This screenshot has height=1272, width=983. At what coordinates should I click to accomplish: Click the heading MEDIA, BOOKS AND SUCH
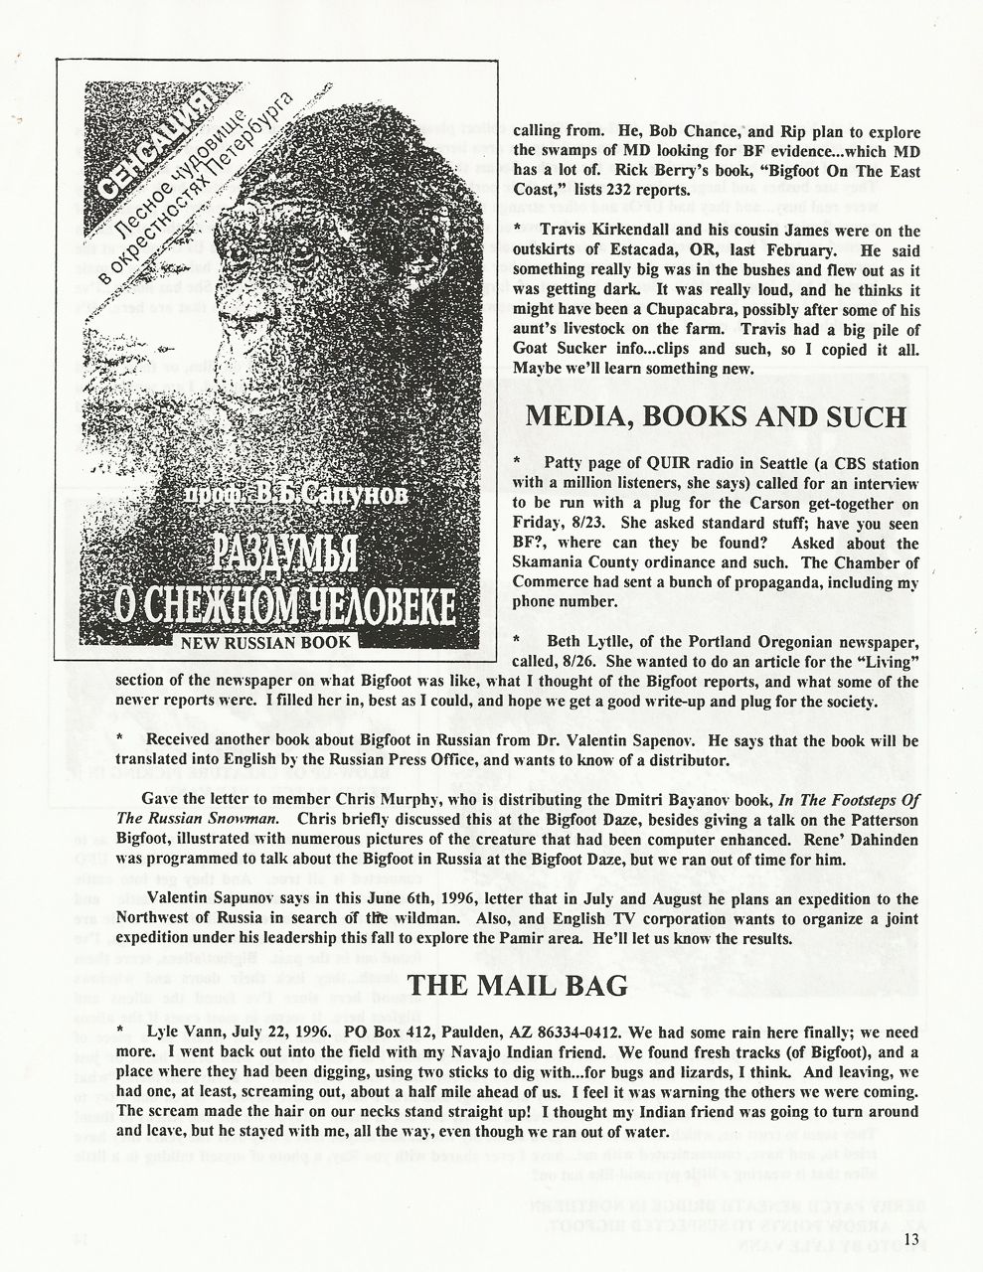coord(716,416)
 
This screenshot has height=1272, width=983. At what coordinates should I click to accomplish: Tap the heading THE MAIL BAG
coord(519,985)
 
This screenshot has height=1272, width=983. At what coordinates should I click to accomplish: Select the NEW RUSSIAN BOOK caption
coord(264,642)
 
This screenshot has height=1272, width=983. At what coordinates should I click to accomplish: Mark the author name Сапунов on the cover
coord(349,495)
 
